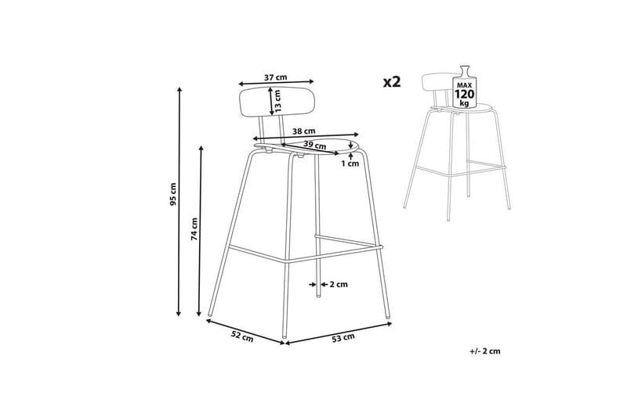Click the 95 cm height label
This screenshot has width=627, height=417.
pos(172,194)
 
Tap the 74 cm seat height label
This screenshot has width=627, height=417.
pos(194,229)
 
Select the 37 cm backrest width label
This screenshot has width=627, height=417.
pos(276,77)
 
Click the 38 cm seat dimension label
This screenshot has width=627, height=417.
pos(303,131)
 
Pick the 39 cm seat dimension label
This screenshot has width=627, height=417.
pos(314,145)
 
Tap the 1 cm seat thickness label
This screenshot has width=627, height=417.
pos(350,164)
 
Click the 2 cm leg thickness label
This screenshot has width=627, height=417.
pos(339,284)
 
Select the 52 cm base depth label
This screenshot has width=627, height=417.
pos(242,336)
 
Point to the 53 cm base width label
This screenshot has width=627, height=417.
pos(343,338)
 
